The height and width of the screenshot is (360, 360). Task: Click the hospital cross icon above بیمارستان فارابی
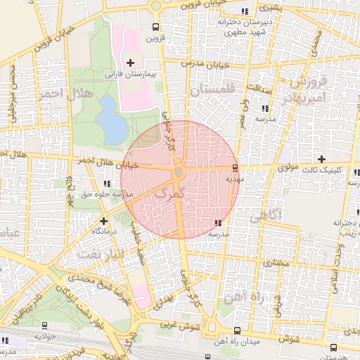[130, 63]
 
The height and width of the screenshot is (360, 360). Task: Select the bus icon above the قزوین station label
[155, 28]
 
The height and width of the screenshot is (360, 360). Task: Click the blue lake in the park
[110, 118]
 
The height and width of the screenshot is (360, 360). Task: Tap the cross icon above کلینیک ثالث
[322, 159]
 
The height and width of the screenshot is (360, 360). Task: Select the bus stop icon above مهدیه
[234, 168]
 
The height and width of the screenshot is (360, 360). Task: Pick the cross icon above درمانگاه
[103, 220]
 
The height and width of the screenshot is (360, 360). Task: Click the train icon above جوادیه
[45, 326]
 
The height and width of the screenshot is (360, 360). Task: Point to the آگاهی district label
[266, 215]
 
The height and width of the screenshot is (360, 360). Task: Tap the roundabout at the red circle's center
[179, 172]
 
